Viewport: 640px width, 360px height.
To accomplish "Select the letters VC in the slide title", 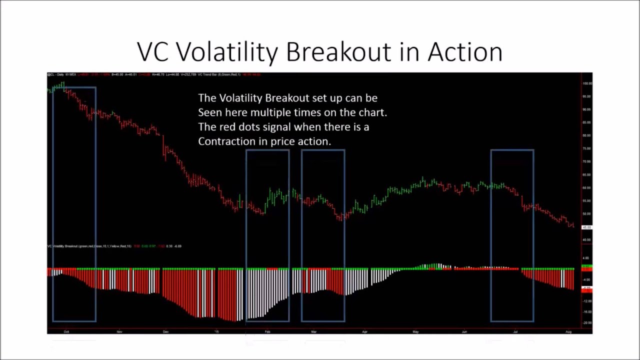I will (x=154, y=52).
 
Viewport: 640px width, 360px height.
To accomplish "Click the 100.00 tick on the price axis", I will (x=586, y=83).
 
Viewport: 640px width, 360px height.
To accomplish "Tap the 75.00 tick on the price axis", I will (x=586, y=148).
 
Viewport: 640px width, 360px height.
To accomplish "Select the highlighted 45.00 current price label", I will (x=586, y=227).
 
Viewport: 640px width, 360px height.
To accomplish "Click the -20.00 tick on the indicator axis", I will (x=586, y=323).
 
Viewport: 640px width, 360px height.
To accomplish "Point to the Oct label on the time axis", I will (x=66, y=331).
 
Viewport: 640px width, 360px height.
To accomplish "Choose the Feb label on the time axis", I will (x=267, y=331).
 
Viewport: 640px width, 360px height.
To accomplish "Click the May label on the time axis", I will (x=415, y=331).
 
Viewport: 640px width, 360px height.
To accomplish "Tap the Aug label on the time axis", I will (x=568, y=331).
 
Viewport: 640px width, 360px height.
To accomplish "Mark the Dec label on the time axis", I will (x=165, y=331).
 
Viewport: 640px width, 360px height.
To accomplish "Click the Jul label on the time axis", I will (x=515, y=331).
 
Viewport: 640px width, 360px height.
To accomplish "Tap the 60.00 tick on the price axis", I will (x=586, y=188).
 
